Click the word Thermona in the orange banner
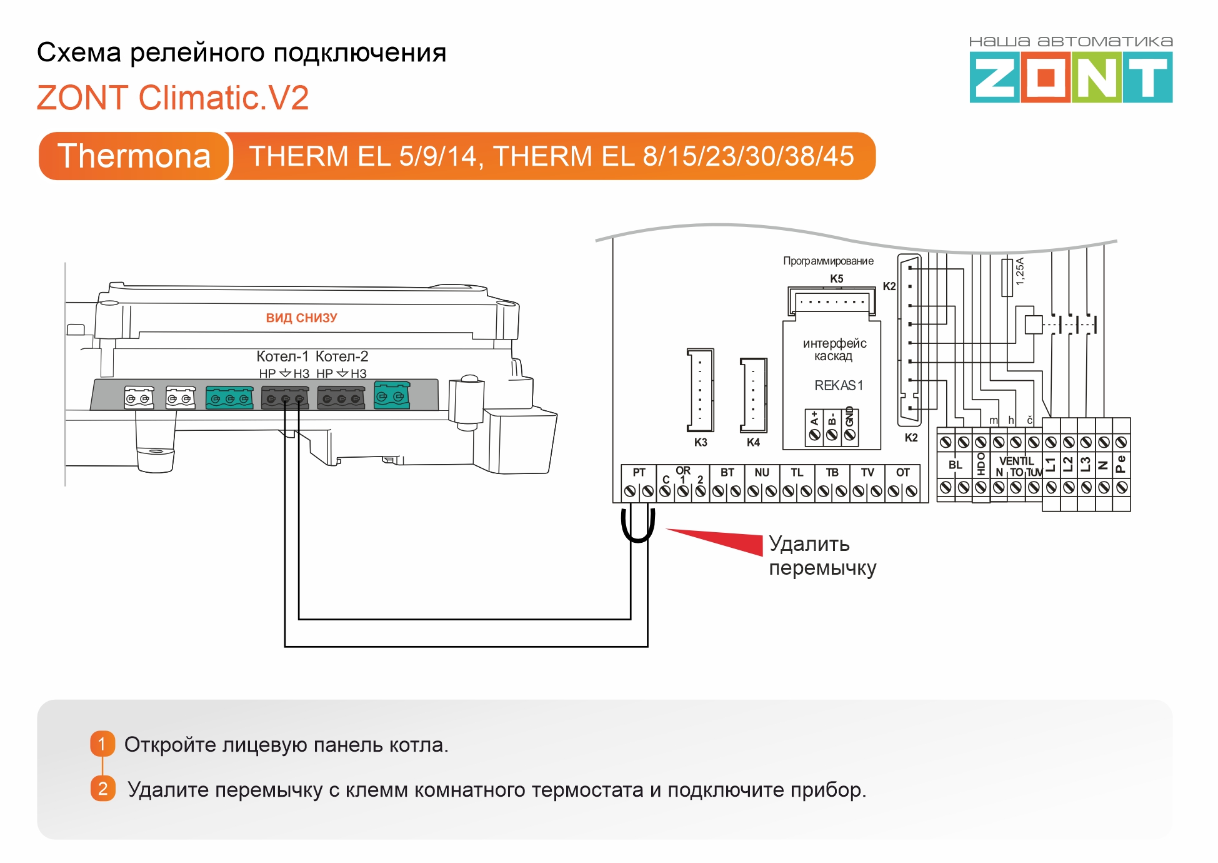coord(134,156)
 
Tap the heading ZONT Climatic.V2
coord(172,98)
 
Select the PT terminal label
coord(639,472)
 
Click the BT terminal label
coord(727,472)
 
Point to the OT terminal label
coord(902,472)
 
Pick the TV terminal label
coord(867,472)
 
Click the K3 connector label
coord(701,442)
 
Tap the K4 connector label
coord(753,442)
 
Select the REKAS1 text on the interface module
coord(839,385)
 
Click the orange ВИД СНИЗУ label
coord(301,318)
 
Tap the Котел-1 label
coord(282,356)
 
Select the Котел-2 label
coord(342,356)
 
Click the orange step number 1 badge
coord(102,744)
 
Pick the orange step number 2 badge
coord(103,789)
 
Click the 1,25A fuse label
coord(1020,271)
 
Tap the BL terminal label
coord(955,465)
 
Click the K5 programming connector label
coord(837,278)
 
